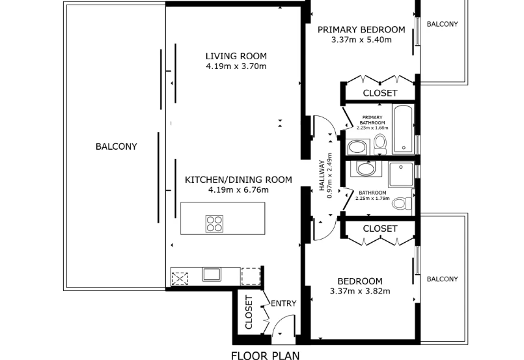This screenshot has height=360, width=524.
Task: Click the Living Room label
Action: click(x=236, y=56)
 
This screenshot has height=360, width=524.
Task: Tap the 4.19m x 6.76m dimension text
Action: click(x=238, y=190)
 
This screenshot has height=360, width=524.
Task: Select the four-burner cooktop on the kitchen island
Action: click(x=214, y=224)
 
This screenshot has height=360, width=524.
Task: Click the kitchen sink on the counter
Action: click(x=212, y=275)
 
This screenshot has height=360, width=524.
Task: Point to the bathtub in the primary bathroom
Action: click(x=404, y=129)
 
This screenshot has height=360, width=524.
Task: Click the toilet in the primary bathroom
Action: click(x=380, y=144)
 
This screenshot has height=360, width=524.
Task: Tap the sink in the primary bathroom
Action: click(x=357, y=147)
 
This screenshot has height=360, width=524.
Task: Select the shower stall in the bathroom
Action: click(x=401, y=174)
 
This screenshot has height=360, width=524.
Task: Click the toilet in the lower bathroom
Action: click(x=402, y=203)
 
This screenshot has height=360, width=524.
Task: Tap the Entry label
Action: click(x=283, y=303)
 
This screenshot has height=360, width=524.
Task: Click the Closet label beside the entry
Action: click(x=249, y=312)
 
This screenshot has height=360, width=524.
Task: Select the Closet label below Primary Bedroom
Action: click(x=380, y=93)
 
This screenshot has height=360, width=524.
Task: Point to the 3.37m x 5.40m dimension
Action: click(x=361, y=40)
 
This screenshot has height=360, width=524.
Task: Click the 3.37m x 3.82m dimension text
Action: click(x=360, y=291)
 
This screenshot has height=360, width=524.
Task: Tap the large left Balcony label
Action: click(x=117, y=146)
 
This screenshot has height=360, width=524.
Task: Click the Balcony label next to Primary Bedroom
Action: click(x=442, y=24)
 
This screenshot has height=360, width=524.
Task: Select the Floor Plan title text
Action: click(x=266, y=355)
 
